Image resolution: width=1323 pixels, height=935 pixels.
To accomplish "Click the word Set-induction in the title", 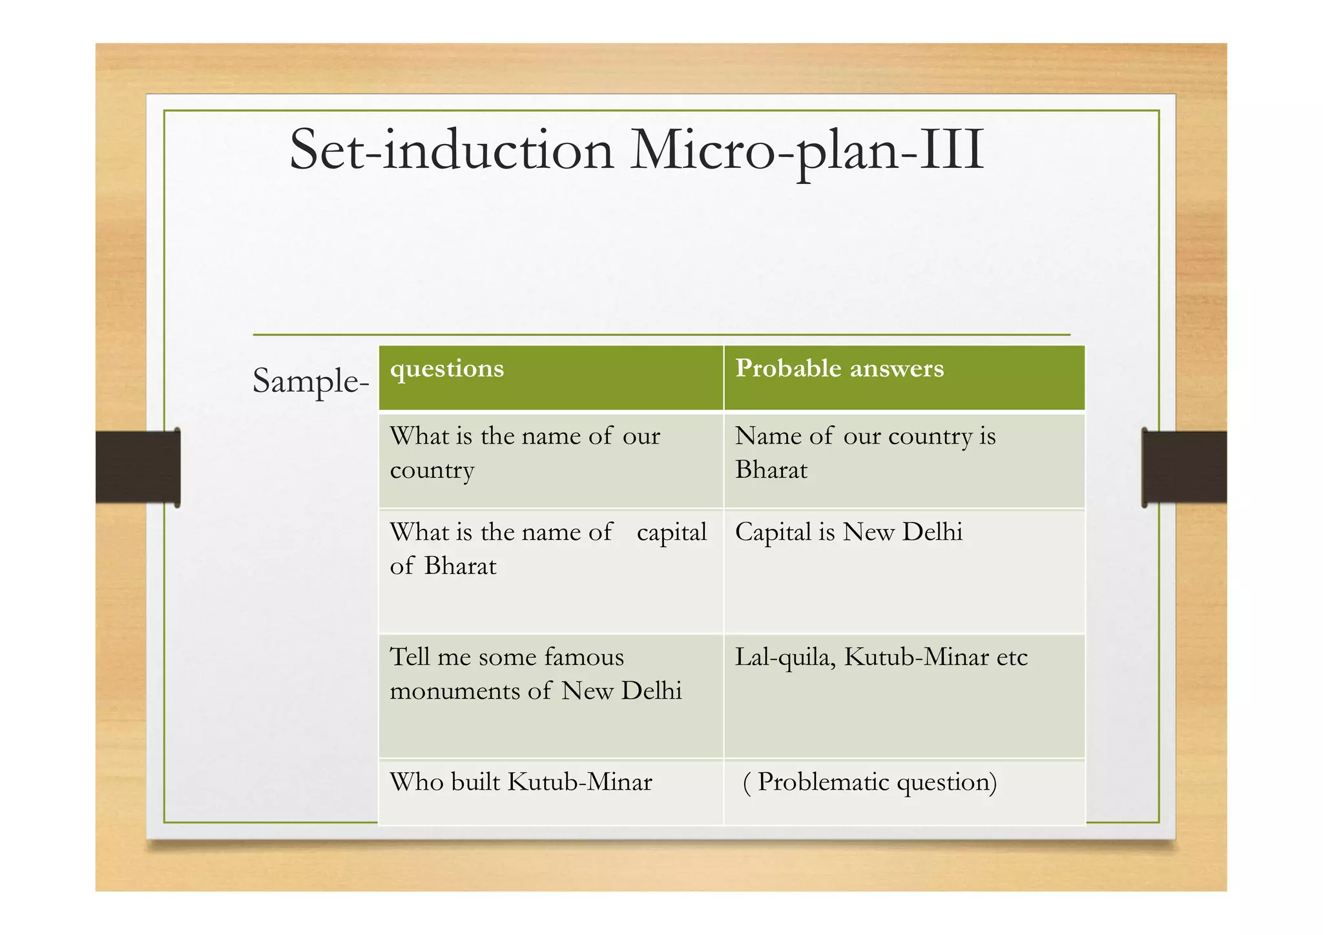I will (x=451, y=150).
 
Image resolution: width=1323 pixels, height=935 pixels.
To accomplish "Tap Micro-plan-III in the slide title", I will (x=807, y=150).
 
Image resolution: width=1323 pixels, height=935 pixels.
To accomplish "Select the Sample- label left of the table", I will (x=310, y=380).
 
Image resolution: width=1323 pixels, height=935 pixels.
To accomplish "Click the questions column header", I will (x=447, y=369).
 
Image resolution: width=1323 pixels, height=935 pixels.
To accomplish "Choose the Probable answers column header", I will (x=839, y=369).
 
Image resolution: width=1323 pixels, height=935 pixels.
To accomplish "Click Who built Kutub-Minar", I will (x=521, y=782).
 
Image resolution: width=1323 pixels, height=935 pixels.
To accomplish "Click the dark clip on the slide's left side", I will (x=138, y=467).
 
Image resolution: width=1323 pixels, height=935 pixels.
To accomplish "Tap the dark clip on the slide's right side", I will (x=1183, y=467).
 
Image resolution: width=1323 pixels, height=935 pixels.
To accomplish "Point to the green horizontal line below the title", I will (x=661, y=334).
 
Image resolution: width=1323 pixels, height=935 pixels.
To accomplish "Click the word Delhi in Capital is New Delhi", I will (x=932, y=532).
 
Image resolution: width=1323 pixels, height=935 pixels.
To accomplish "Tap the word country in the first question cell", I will (x=432, y=471).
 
